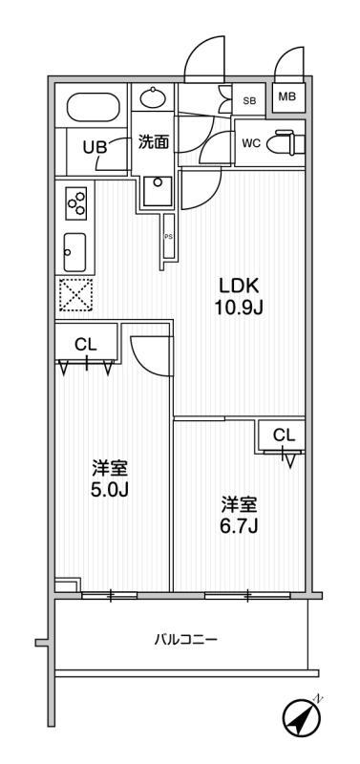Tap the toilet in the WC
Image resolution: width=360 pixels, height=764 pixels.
(290, 142)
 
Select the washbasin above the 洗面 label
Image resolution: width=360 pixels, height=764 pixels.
(153, 98)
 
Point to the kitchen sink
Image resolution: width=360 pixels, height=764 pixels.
(74, 251)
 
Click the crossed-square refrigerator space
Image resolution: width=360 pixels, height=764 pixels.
(75, 295)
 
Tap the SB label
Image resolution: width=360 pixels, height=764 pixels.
(249, 101)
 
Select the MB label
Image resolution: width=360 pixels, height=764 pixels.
(286, 96)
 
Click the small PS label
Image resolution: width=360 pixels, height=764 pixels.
(168, 237)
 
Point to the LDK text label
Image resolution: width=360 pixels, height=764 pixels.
(239, 286)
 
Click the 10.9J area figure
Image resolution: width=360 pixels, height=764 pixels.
(239, 308)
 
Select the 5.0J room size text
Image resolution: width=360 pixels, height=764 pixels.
(110, 490)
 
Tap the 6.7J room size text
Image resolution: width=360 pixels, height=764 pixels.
(239, 526)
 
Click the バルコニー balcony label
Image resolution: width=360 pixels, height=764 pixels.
(185, 639)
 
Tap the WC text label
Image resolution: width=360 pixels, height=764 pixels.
(252, 144)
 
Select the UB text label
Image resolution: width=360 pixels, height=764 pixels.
(95, 148)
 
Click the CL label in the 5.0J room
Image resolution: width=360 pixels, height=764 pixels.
(86, 345)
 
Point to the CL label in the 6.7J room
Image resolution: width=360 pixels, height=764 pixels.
(284, 436)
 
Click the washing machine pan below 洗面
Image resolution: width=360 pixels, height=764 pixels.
(157, 190)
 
